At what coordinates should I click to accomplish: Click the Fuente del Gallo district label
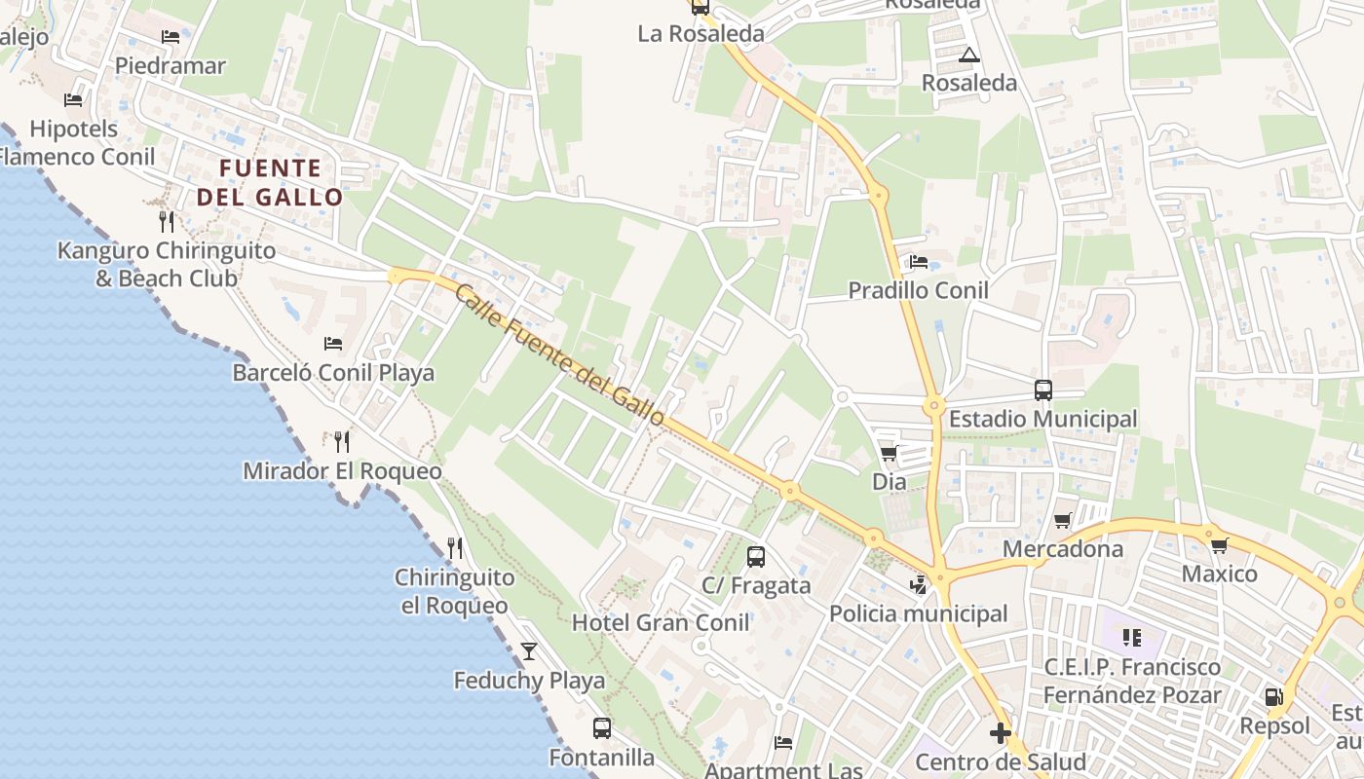[x=270, y=183]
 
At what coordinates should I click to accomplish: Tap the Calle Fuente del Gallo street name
[x=559, y=354]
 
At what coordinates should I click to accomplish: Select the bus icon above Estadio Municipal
[x=1042, y=390]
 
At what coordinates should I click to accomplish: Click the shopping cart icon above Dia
[x=889, y=453]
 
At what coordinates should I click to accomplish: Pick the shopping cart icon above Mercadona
[x=1062, y=520]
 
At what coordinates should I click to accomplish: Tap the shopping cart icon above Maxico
[x=1219, y=545]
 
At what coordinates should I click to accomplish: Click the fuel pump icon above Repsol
[x=1273, y=697]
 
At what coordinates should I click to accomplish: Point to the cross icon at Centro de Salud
[x=1001, y=732]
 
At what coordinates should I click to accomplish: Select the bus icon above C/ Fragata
[x=756, y=557]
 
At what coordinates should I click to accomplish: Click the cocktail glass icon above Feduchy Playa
[x=529, y=650]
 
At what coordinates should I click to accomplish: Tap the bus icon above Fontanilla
[x=602, y=727]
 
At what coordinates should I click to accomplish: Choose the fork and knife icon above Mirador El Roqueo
[x=341, y=442]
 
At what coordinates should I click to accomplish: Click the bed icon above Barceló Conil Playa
[x=333, y=344]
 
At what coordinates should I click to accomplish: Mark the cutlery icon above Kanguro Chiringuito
[x=167, y=221]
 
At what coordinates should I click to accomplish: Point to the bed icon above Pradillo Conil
[x=918, y=261]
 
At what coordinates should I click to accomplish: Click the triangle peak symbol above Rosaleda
[x=968, y=55]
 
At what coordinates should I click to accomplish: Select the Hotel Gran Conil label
[x=661, y=622]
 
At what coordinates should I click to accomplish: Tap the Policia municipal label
[x=918, y=613]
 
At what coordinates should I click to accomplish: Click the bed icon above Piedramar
[x=170, y=37]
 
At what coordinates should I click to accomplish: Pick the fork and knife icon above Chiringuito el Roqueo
[x=454, y=548]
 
